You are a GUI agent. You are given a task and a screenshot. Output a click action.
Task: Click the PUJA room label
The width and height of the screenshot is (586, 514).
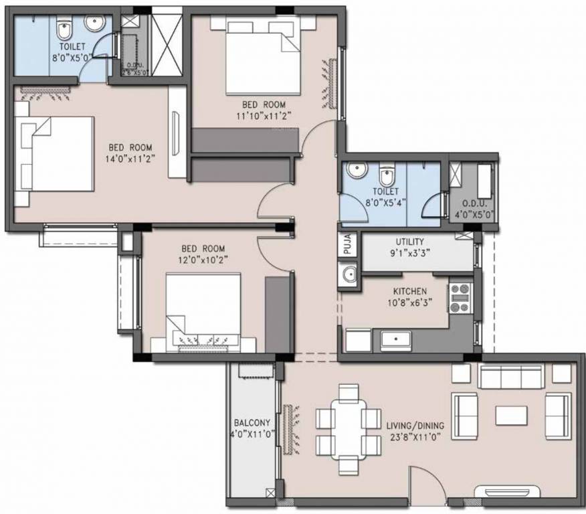[x=348, y=246]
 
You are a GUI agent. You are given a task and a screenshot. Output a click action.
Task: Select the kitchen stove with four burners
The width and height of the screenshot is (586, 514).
[x=459, y=297]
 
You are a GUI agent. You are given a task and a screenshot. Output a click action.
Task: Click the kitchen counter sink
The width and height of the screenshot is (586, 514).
[x=397, y=340]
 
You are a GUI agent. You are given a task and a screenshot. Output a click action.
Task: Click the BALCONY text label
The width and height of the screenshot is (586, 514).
[x=252, y=423]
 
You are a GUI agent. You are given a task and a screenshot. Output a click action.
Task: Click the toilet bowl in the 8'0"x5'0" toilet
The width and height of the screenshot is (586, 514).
[x=64, y=30]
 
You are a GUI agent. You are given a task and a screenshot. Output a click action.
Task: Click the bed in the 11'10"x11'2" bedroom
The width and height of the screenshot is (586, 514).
[x=262, y=56]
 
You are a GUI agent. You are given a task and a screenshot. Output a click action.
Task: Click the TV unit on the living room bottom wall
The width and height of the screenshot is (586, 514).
[x=506, y=493]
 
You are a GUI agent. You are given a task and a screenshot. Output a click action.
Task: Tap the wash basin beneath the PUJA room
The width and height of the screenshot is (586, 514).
[x=349, y=274]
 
